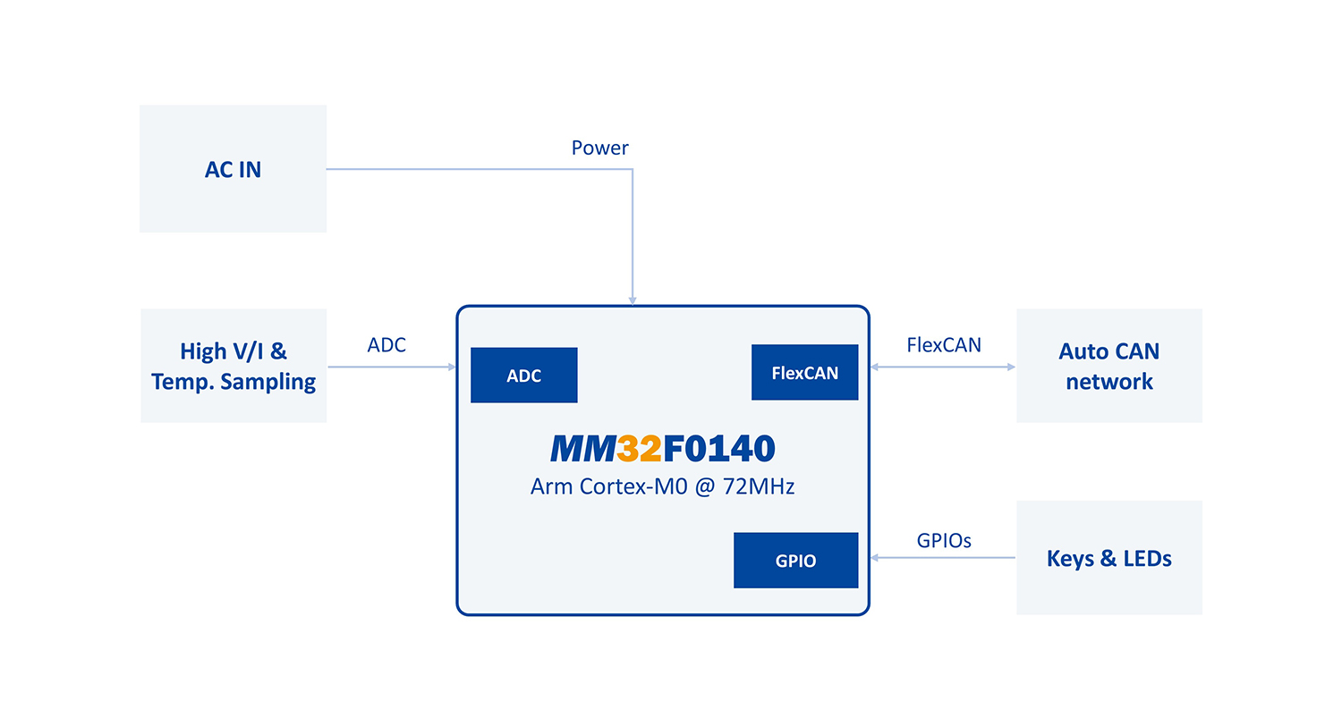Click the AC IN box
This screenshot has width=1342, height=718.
click(233, 169)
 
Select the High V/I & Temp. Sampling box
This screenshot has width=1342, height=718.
click(234, 366)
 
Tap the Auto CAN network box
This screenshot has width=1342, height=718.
click(1108, 366)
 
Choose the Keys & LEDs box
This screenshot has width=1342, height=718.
click(1108, 558)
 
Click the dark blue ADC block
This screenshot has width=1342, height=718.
click(523, 376)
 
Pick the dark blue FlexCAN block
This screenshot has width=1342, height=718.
click(804, 373)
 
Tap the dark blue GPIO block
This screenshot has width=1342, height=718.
click(795, 561)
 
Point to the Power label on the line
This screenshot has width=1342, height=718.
click(599, 148)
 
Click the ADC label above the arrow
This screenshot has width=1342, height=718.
click(386, 344)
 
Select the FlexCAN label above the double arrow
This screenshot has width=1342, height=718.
click(944, 344)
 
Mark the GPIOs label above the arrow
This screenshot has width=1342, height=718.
click(944, 540)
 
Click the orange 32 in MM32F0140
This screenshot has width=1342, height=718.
click(639, 449)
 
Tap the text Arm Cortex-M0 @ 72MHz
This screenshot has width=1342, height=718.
click(663, 487)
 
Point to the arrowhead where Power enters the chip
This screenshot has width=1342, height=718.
click(633, 300)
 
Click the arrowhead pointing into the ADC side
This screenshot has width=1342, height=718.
click(451, 367)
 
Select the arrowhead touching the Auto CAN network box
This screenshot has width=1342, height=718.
click(1011, 367)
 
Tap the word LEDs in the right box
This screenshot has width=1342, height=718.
click(1144, 559)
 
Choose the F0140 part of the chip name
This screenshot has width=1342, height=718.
click(718, 449)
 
